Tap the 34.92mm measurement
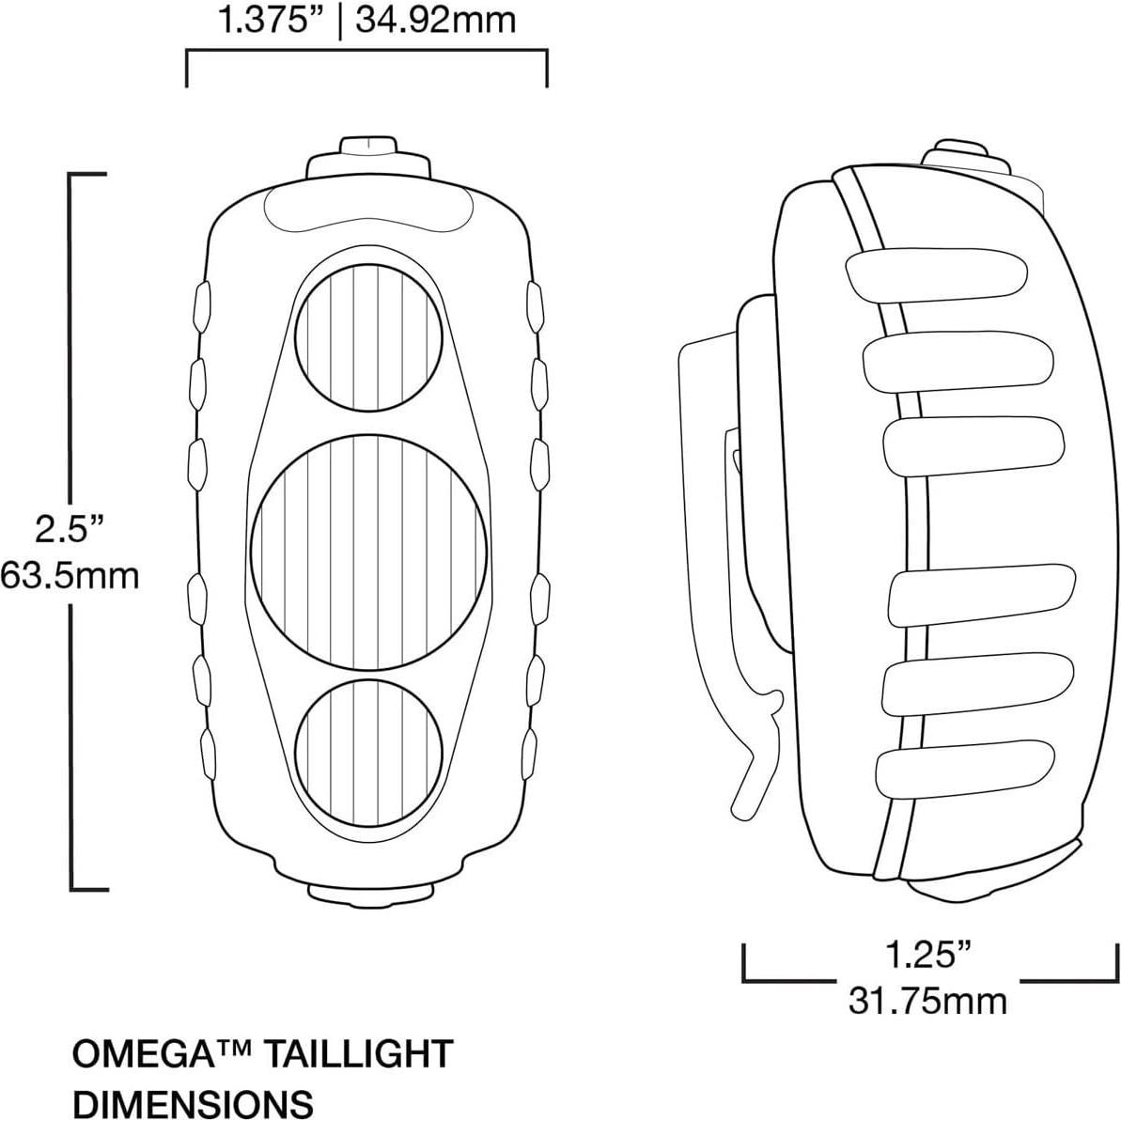(x=434, y=20)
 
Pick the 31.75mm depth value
(x=927, y=1000)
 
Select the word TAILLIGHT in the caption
(x=356, y=1053)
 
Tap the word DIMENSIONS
(x=193, y=1101)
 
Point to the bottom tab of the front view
(x=370, y=898)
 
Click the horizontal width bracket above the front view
(x=366, y=54)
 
